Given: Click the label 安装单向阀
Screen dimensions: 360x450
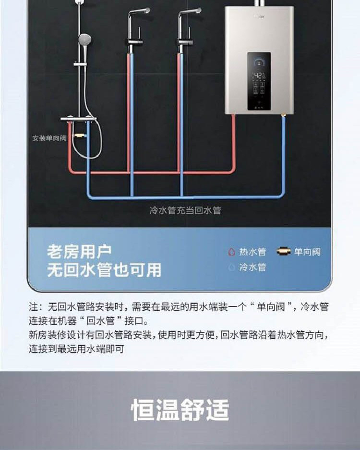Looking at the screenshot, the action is [x=49, y=138].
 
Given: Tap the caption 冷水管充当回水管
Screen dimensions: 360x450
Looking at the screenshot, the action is [x=185, y=210].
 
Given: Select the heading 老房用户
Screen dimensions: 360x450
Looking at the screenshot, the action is [x=79, y=251].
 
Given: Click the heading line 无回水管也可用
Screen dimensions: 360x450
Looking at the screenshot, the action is [x=104, y=270].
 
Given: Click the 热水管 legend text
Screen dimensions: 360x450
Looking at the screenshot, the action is [x=252, y=252].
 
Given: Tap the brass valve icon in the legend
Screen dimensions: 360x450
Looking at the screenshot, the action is [x=284, y=252].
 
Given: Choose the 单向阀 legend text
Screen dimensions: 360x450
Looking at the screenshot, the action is [x=307, y=252].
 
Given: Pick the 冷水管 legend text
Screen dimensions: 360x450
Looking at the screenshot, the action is [x=252, y=267].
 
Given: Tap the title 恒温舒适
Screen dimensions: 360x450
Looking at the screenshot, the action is [x=180, y=410].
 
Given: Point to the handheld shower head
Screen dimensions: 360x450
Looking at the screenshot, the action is [x=84, y=39].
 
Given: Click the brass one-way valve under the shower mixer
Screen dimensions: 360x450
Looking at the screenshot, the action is [x=80, y=136].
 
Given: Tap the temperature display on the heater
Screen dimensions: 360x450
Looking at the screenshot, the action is [x=258, y=75].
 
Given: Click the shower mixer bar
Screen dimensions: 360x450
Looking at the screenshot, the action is [x=78, y=119].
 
